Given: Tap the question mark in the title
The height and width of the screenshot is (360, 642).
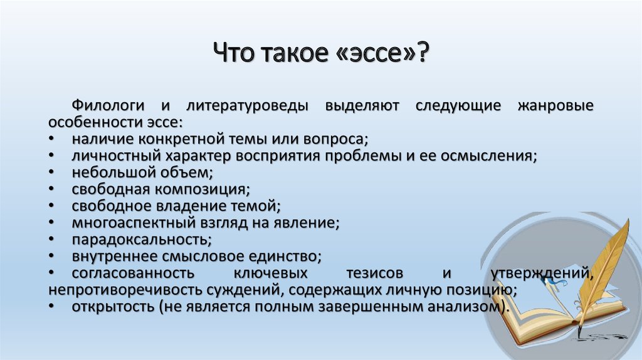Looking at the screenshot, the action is click(x=422, y=52).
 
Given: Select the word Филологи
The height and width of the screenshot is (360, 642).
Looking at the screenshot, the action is click(x=108, y=105).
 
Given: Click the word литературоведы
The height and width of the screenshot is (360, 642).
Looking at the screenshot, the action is click(x=247, y=106).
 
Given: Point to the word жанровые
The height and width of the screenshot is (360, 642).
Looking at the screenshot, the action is click(x=555, y=105).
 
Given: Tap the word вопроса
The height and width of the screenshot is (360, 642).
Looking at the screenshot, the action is click(x=335, y=140).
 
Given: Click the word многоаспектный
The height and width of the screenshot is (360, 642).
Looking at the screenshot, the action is click(x=134, y=223).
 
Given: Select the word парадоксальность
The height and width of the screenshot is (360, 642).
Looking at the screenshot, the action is click(x=142, y=240).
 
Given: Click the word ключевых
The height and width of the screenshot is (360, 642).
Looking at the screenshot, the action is click(x=271, y=273).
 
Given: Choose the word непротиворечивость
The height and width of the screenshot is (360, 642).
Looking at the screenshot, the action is click(x=125, y=290).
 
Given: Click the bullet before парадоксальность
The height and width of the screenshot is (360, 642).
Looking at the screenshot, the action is click(x=51, y=239).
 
